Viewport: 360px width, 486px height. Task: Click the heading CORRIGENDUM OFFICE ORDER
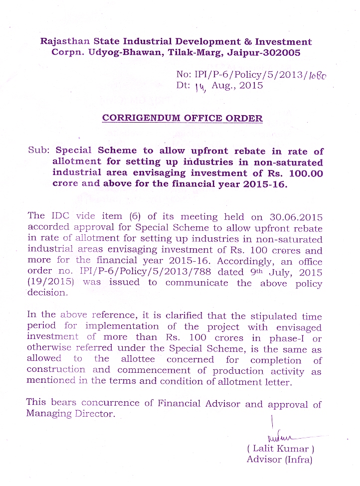(x=182, y=118)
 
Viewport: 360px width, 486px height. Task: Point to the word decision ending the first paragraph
(x=47, y=293)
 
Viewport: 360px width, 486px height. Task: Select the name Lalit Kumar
(x=281, y=449)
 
